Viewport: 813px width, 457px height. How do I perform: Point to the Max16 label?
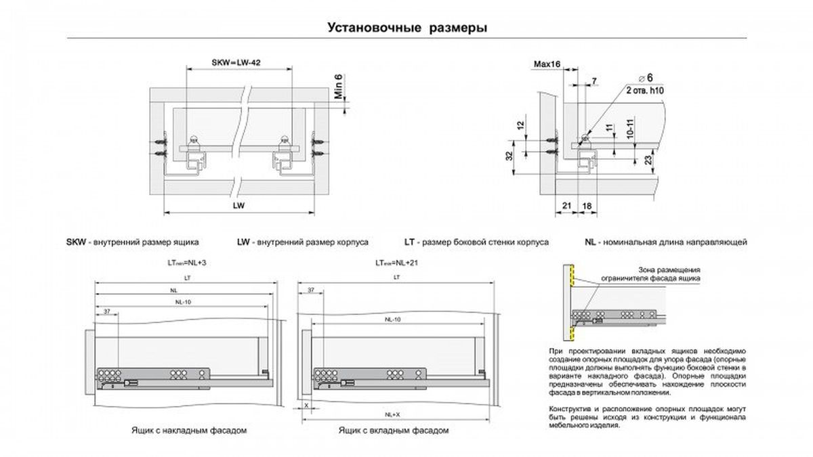(546, 63)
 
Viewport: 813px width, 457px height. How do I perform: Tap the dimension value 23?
(648, 161)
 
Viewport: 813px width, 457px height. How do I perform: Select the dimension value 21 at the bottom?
(567, 204)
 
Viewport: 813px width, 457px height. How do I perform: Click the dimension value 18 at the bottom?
(587, 204)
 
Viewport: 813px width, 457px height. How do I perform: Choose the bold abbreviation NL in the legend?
(591, 242)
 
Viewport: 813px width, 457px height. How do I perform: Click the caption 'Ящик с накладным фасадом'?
(186, 430)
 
